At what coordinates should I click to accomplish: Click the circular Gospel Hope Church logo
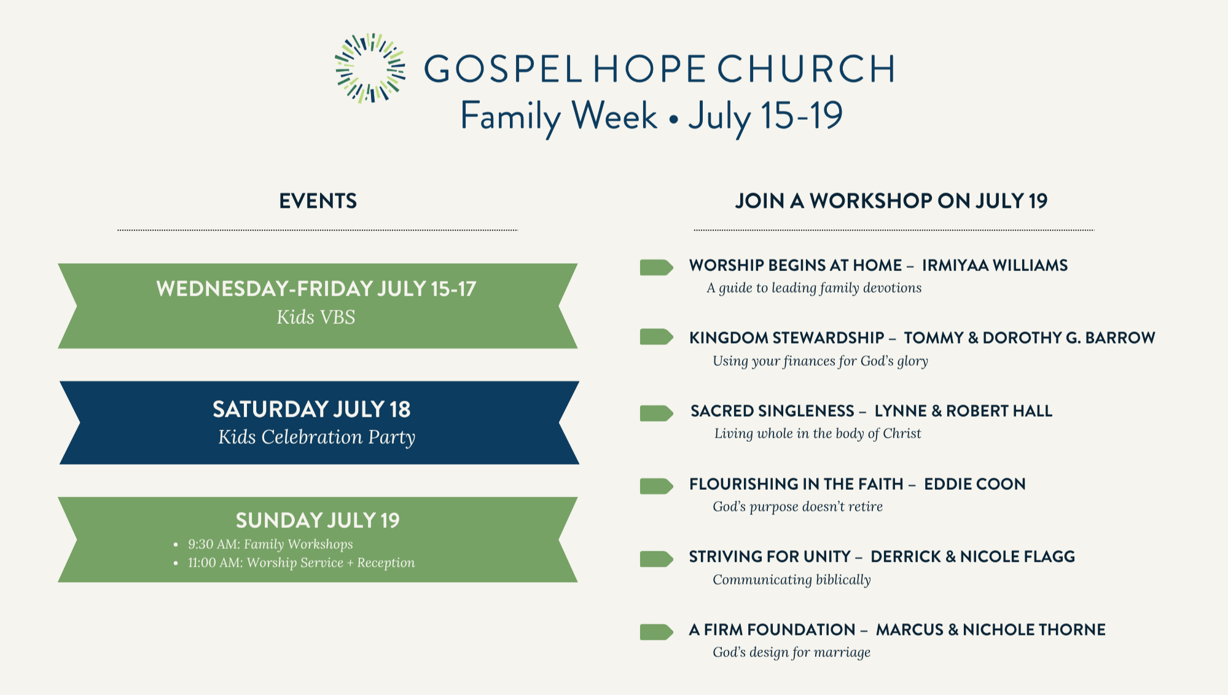pyautogui.click(x=370, y=68)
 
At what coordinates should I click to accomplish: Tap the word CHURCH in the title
pyautogui.click(x=806, y=68)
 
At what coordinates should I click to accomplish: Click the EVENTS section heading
pyautogui.click(x=318, y=201)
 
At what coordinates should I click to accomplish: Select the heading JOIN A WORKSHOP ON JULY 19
pyautogui.click(x=891, y=201)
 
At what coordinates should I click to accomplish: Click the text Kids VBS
pyautogui.click(x=316, y=317)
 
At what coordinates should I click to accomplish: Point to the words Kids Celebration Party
pyautogui.click(x=317, y=437)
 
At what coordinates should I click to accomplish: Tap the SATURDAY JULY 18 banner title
pyautogui.click(x=311, y=409)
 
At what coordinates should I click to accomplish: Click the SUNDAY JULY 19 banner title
pyautogui.click(x=318, y=520)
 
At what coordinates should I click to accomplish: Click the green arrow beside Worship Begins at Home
pyautogui.click(x=657, y=267)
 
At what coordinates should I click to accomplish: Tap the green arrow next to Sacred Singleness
pyautogui.click(x=657, y=413)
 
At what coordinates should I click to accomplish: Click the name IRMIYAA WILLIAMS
pyautogui.click(x=995, y=265)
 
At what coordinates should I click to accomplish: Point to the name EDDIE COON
pyautogui.click(x=975, y=484)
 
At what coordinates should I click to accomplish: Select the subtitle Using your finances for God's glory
pyautogui.click(x=820, y=361)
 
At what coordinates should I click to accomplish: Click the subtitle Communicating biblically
pyautogui.click(x=792, y=579)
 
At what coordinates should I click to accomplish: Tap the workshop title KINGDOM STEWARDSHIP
pyautogui.click(x=787, y=338)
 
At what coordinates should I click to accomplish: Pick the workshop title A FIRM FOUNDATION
pyautogui.click(x=772, y=630)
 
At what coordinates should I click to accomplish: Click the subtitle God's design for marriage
pyautogui.click(x=792, y=652)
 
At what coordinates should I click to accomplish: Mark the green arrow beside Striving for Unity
pyautogui.click(x=657, y=559)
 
